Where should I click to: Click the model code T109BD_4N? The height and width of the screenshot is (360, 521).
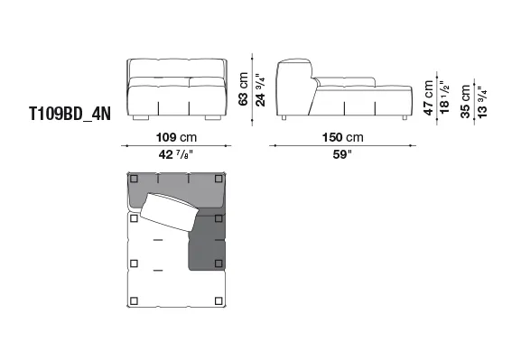click(70, 114)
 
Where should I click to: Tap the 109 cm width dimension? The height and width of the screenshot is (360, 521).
click(176, 137)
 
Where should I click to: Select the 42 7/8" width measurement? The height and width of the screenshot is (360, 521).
click(176, 154)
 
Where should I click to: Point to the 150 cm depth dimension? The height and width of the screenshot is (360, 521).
click(342, 137)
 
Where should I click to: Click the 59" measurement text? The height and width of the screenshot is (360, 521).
click(342, 154)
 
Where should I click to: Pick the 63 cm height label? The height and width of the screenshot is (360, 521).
click(243, 89)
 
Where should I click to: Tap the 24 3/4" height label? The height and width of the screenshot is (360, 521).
click(260, 90)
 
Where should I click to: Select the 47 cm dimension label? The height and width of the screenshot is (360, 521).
click(429, 98)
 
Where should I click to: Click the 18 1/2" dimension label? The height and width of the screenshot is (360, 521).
click(444, 97)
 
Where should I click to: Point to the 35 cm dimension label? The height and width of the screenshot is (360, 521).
click(466, 102)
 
